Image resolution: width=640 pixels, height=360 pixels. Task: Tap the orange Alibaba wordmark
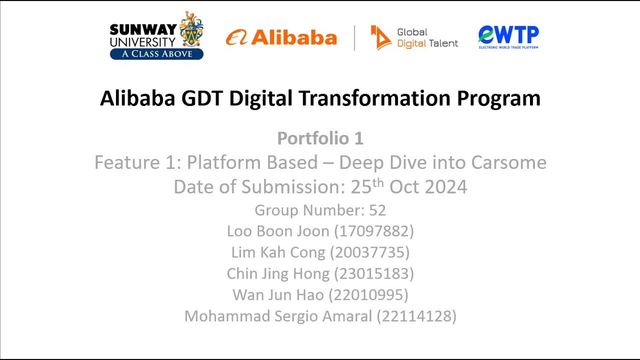293,37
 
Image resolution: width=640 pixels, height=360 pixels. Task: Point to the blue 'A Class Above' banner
156,54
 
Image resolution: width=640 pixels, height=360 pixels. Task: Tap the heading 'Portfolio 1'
320,138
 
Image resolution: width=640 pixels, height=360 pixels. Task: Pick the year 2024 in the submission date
446,186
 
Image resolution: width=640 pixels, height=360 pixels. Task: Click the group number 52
377,210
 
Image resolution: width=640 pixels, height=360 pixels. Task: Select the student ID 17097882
373,231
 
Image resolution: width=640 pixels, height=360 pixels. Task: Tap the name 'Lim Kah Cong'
278,252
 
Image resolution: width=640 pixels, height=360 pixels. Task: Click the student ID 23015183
373,273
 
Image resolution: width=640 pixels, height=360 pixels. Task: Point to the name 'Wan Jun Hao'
278,295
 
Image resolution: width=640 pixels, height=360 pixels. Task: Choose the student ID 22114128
416,316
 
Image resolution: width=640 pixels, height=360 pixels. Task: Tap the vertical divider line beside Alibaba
354,38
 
